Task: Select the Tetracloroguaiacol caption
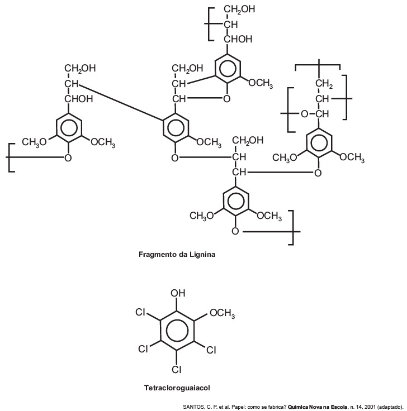[x=177, y=388]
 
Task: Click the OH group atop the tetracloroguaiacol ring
[x=178, y=293]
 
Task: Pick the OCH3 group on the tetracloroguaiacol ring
[x=223, y=313]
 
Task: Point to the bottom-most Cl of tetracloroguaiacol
[x=177, y=369]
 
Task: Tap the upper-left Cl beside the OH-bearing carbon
[x=140, y=312]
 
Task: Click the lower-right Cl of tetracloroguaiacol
[x=211, y=350]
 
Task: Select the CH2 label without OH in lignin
[x=324, y=84]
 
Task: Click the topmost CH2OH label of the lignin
[x=239, y=9]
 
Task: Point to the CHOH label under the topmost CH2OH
[x=238, y=39]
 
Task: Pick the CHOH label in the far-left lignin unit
[x=79, y=99]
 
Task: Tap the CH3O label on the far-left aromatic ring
[x=34, y=142]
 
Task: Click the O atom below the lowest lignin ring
[x=235, y=231]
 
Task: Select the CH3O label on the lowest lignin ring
[x=202, y=216]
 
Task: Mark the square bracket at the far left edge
[x=11, y=157]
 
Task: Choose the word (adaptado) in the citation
[x=390, y=407]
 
